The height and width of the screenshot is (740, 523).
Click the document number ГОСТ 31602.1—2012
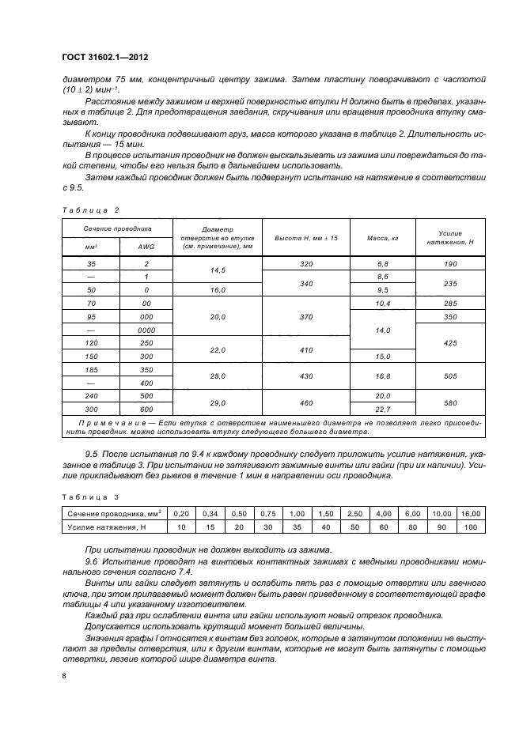pos(104,58)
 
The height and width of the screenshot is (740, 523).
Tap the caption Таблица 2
pos(89,210)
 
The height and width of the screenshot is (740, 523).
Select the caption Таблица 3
pos(89,496)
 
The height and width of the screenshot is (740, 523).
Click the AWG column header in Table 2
pos(147,247)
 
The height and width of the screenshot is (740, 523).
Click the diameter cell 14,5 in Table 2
pos(217,270)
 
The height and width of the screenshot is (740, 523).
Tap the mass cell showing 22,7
pos(382,409)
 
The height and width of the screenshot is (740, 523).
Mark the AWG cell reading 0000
pos(147,330)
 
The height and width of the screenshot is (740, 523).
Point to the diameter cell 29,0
pos(217,402)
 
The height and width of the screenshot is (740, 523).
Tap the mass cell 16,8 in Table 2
pos(382,376)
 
